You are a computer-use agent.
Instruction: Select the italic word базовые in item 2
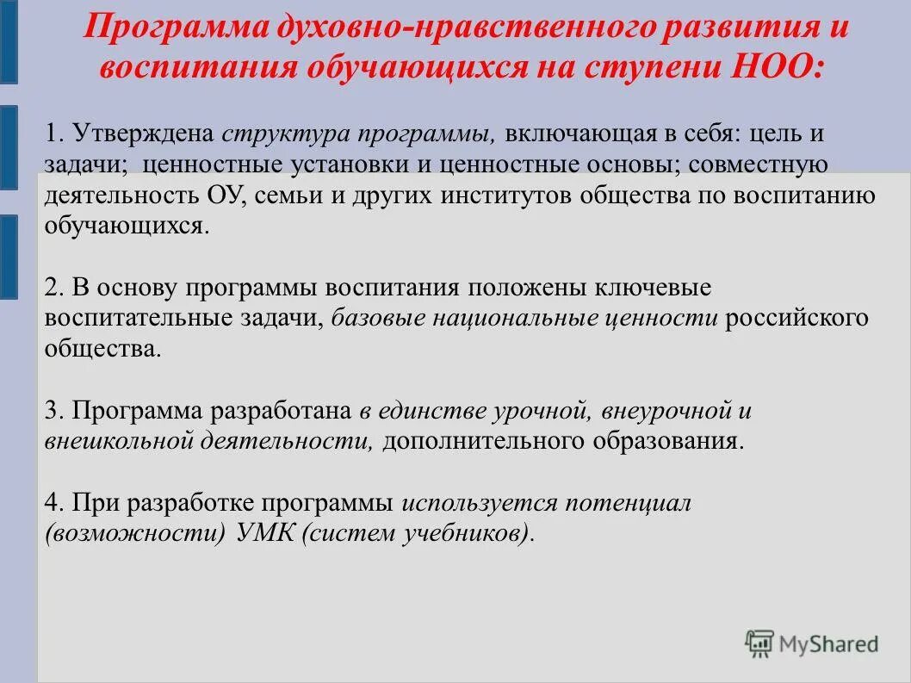point(381,318)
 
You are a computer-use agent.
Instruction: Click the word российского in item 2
point(796,318)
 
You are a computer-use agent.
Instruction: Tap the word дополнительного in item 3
point(479,442)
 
